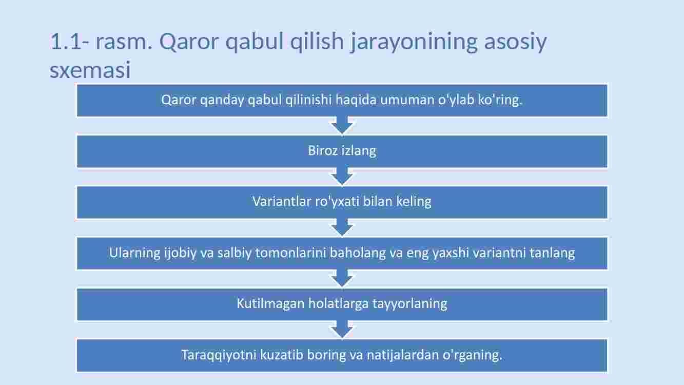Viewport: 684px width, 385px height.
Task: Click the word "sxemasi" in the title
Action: pos(90,70)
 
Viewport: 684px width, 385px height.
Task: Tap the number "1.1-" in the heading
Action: pos(70,41)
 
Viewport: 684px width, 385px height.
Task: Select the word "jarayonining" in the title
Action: pos(414,42)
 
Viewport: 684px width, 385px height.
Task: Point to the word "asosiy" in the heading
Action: pos(516,42)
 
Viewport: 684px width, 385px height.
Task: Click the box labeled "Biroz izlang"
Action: pos(342,151)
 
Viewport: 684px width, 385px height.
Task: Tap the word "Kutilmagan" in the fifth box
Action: pos(270,304)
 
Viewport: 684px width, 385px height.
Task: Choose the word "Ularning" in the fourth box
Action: pos(134,253)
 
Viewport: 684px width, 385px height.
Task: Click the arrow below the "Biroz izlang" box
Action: pos(342,177)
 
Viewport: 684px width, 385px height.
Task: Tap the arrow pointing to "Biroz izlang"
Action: pos(342,126)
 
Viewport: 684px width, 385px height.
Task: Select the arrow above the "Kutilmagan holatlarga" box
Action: pos(342,278)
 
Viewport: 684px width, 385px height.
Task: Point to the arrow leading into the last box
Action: pos(342,330)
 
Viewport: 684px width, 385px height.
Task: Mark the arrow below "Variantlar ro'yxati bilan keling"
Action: pos(342,227)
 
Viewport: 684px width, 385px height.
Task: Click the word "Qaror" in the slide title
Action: pos(189,42)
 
